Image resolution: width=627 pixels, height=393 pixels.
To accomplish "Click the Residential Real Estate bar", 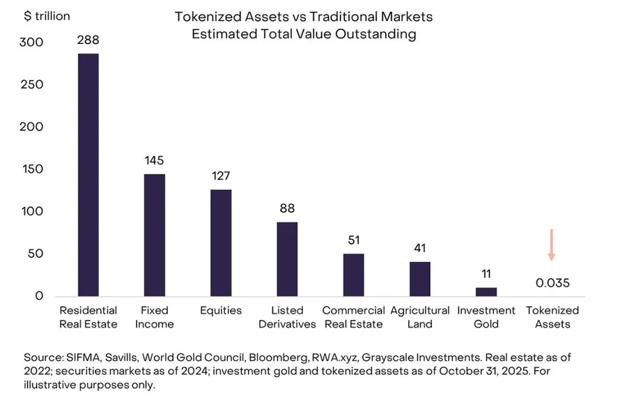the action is [88, 175].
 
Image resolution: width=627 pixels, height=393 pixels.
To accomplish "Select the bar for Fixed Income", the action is [155, 235].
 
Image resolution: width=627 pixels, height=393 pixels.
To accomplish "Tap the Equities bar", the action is [221, 242].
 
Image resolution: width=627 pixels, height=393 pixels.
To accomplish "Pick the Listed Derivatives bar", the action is [287, 259].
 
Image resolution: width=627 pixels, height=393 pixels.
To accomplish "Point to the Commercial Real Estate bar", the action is [353, 275].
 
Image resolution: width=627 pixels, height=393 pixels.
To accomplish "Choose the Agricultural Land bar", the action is [420, 279].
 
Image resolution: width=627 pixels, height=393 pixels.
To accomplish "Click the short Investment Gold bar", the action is [486, 292].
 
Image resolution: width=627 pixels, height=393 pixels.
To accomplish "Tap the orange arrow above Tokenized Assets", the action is [552, 245].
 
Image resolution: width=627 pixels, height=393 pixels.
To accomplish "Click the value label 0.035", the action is [552, 283].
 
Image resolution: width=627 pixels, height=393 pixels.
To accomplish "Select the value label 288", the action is [88, 40].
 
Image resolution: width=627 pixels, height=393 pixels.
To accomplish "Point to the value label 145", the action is [155, 160].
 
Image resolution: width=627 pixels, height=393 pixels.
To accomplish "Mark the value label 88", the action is [287, 208].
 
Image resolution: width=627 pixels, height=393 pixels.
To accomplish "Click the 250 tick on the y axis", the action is [31, 84].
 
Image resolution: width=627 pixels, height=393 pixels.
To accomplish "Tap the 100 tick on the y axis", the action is [32, 211].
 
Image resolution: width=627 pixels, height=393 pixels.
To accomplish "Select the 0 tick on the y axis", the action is [39, 296].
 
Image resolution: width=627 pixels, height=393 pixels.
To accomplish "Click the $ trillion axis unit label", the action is [47, 16].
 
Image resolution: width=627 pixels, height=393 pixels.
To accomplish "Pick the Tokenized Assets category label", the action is [552, 317].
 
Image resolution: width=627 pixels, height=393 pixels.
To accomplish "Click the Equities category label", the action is [221, 311].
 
